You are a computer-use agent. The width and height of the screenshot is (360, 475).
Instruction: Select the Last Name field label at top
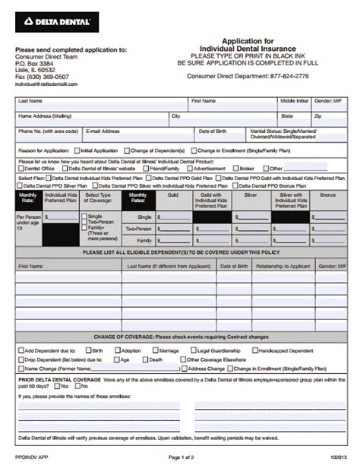tap(31, 100)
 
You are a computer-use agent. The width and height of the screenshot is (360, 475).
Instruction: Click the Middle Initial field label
tap(293, 100)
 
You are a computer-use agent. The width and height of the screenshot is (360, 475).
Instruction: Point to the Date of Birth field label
tap(214, 131)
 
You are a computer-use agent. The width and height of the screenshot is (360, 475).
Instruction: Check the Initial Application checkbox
tap(77, 150)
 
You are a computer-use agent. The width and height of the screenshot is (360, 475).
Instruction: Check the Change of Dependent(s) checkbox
tap(126, 150)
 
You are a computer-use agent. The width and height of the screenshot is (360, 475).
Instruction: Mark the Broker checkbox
tap(235, 168)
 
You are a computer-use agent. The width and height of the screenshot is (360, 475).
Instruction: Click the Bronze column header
tap(327, 195)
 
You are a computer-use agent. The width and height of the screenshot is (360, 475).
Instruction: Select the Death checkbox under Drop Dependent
tap(145, 359)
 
